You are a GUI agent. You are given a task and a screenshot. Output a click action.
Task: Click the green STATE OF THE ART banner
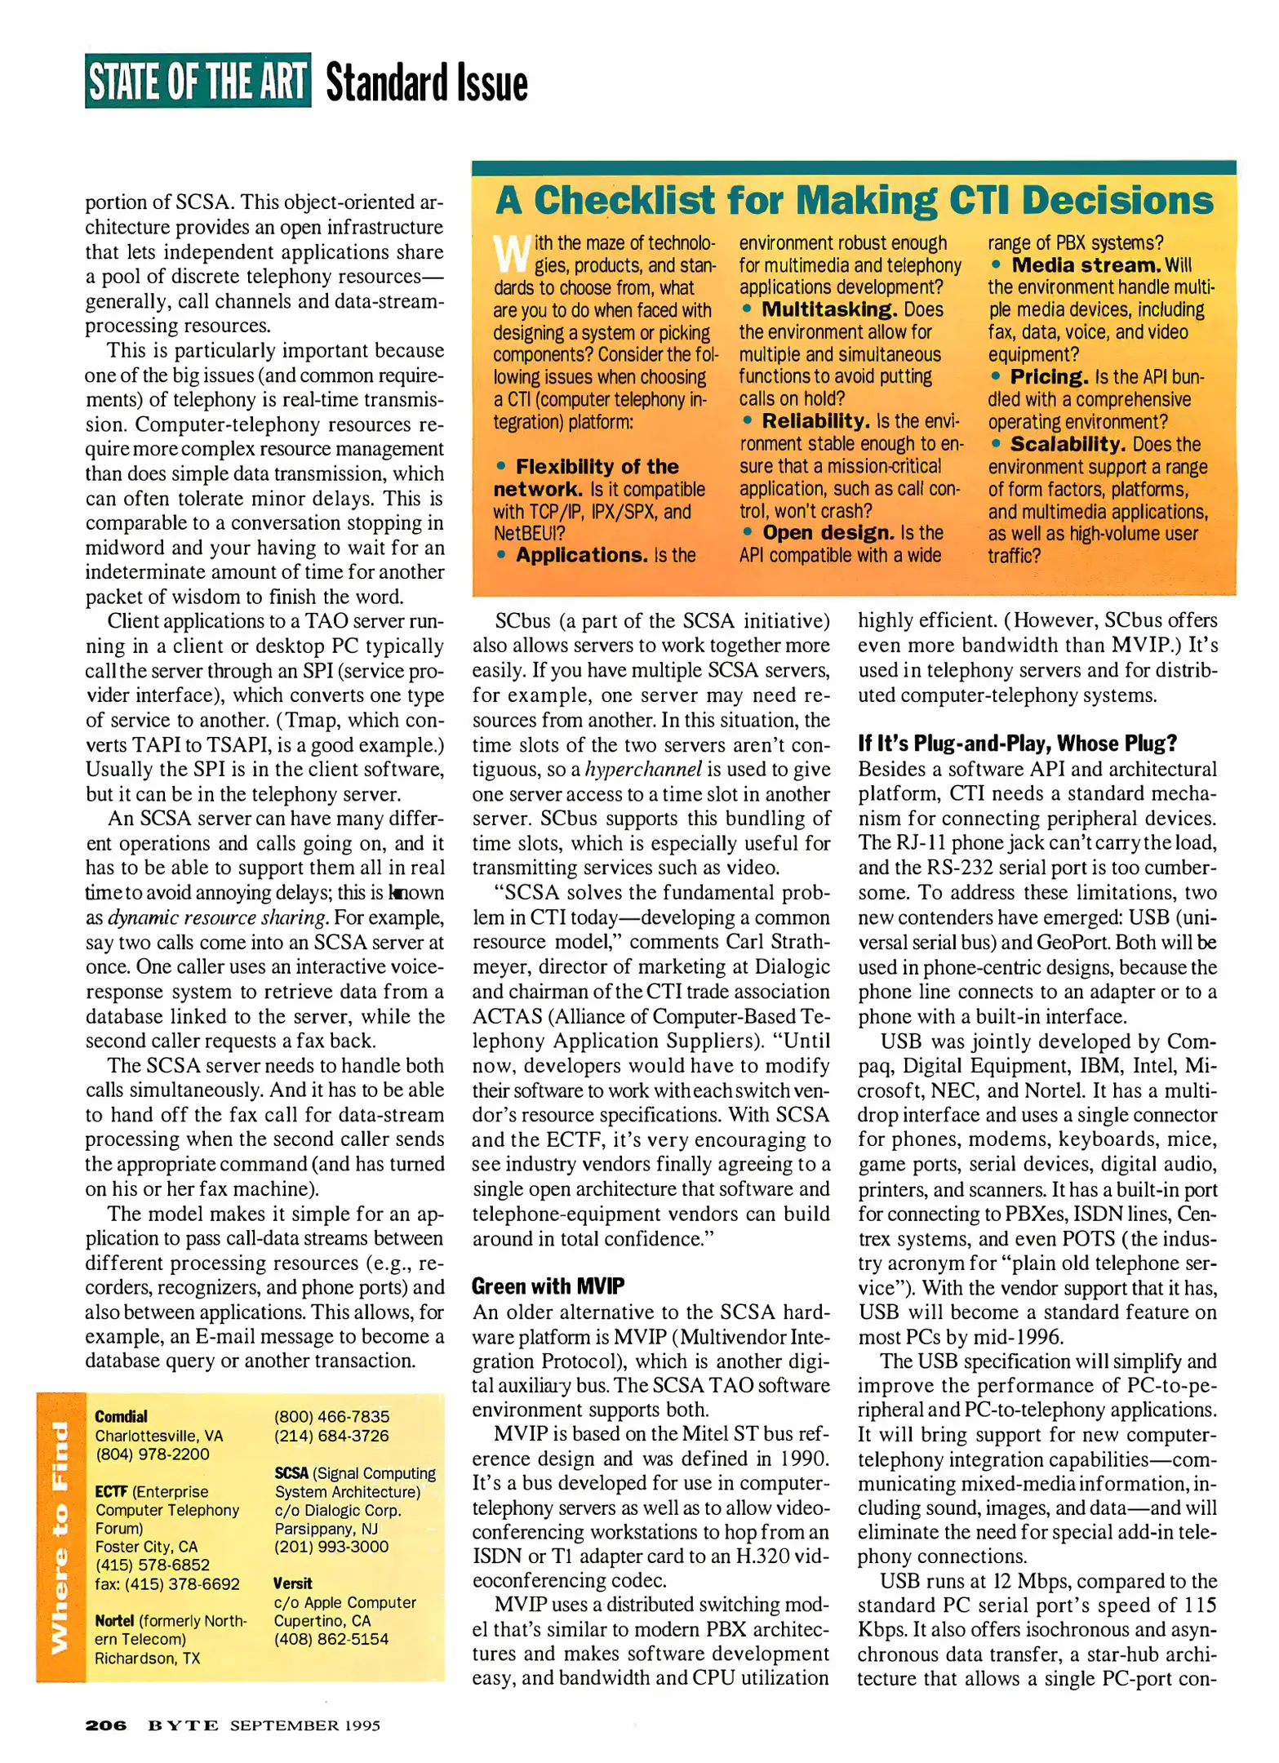[198, 82]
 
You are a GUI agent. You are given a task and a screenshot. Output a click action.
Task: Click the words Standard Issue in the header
[426, 82]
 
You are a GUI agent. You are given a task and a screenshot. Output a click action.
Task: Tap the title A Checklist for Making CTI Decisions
[854, 201]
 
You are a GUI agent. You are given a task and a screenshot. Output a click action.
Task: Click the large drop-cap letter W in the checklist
[512, 254]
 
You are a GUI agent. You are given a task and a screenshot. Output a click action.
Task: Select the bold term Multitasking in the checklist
[828, 310]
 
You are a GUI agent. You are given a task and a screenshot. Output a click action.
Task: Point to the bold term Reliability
[815, 421]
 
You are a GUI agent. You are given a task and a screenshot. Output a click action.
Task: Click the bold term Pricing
[1048, 377]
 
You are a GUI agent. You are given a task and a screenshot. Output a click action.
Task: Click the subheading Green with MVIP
[548, 1286]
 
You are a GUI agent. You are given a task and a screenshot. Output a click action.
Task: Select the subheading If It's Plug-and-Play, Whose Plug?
[1017, 743]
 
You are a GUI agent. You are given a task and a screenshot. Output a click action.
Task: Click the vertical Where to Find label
[60, 1537]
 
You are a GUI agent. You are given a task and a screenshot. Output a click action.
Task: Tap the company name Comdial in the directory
[121, 1417]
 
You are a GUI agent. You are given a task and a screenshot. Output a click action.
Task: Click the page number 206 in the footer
[106, 1725]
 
